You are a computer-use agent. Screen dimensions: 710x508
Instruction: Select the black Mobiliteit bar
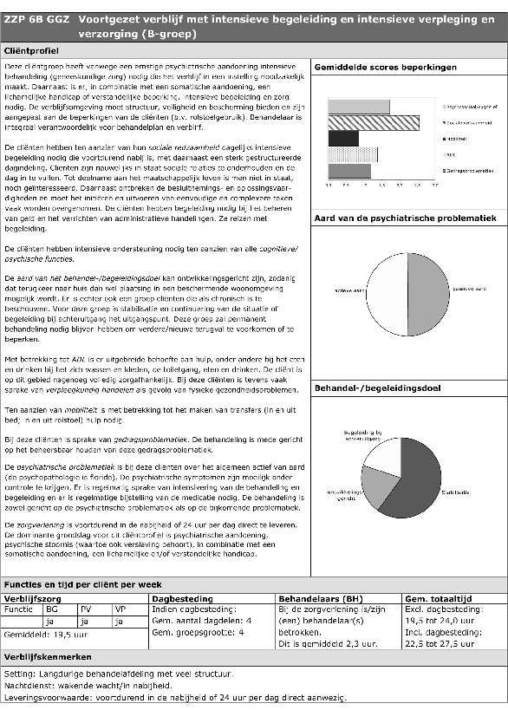point(343,138)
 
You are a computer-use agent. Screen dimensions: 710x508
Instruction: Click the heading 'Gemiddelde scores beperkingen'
point(386,67)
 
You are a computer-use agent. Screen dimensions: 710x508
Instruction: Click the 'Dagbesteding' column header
point(182,598)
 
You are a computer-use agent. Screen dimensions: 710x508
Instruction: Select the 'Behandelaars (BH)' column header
point(316,598)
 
